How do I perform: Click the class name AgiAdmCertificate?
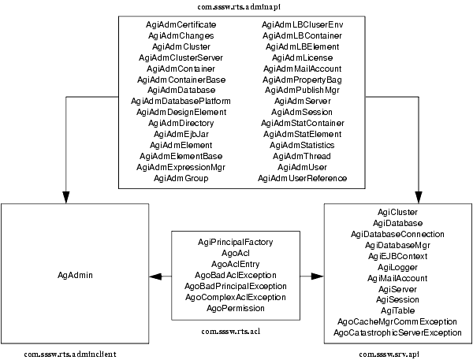point(181,24)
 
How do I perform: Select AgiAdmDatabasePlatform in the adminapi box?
point(181,101)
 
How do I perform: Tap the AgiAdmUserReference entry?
point(302,179)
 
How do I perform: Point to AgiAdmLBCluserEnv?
point(302,24)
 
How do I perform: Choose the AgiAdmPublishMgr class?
point(302,90)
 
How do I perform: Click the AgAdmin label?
point(75,275)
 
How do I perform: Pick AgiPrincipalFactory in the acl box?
point(235,242)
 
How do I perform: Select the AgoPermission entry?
point(236,309)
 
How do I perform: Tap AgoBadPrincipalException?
point(236,286)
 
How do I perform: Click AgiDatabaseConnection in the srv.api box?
point(397,234)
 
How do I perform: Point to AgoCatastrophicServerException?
point(397,333)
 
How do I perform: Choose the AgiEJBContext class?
point(397,256)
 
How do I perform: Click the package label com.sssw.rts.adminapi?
point(239,6)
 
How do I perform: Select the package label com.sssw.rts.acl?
point(231,332)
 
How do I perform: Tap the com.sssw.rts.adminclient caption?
point(70,354)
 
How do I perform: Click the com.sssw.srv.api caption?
point(389,354)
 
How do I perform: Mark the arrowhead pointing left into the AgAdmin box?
point(155,276)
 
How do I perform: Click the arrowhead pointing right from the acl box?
point(318,276)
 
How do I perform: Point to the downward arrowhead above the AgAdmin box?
point(66,197)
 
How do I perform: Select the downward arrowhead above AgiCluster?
point(419,197)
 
